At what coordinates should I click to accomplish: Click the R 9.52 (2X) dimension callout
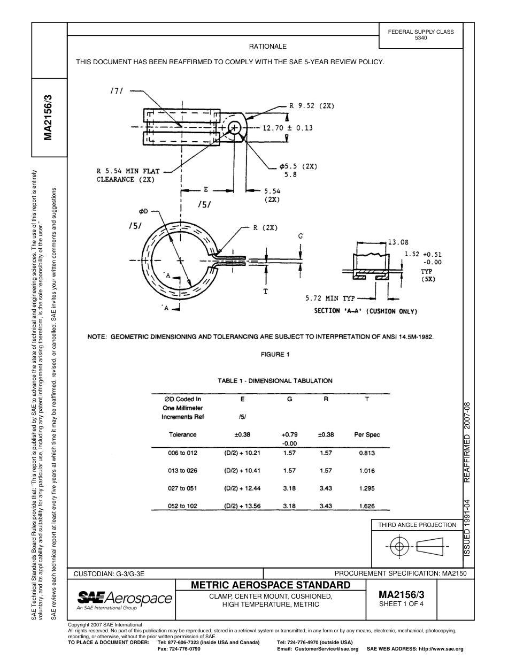(x=312, y=106)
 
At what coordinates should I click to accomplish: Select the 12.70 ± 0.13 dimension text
(x=287, y=128)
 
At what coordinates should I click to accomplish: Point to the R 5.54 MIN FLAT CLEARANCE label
(x=125, y=175)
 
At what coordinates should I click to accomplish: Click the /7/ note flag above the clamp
(x=117, y=91)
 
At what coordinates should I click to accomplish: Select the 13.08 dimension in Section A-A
(x=398, y=242)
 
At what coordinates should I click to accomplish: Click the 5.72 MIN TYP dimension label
(x=330, y=298)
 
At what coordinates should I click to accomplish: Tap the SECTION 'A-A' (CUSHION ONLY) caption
(x=365, y=311)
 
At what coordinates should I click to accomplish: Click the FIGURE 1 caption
(x=275, y=354)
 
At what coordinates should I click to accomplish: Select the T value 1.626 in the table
(x=367, y=506)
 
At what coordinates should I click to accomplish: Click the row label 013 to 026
(x=182, y=471)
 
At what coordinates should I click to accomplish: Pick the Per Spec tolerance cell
(x=367, y=434)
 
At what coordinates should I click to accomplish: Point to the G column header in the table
(x=289, y=399)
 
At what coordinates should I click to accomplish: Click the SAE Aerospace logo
(x=125, y=598)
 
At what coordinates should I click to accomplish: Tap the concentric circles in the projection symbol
(x=398, y=546)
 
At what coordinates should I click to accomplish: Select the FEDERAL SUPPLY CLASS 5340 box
(x=421, y=35)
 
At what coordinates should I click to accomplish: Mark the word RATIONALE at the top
(x=268, y=47)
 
